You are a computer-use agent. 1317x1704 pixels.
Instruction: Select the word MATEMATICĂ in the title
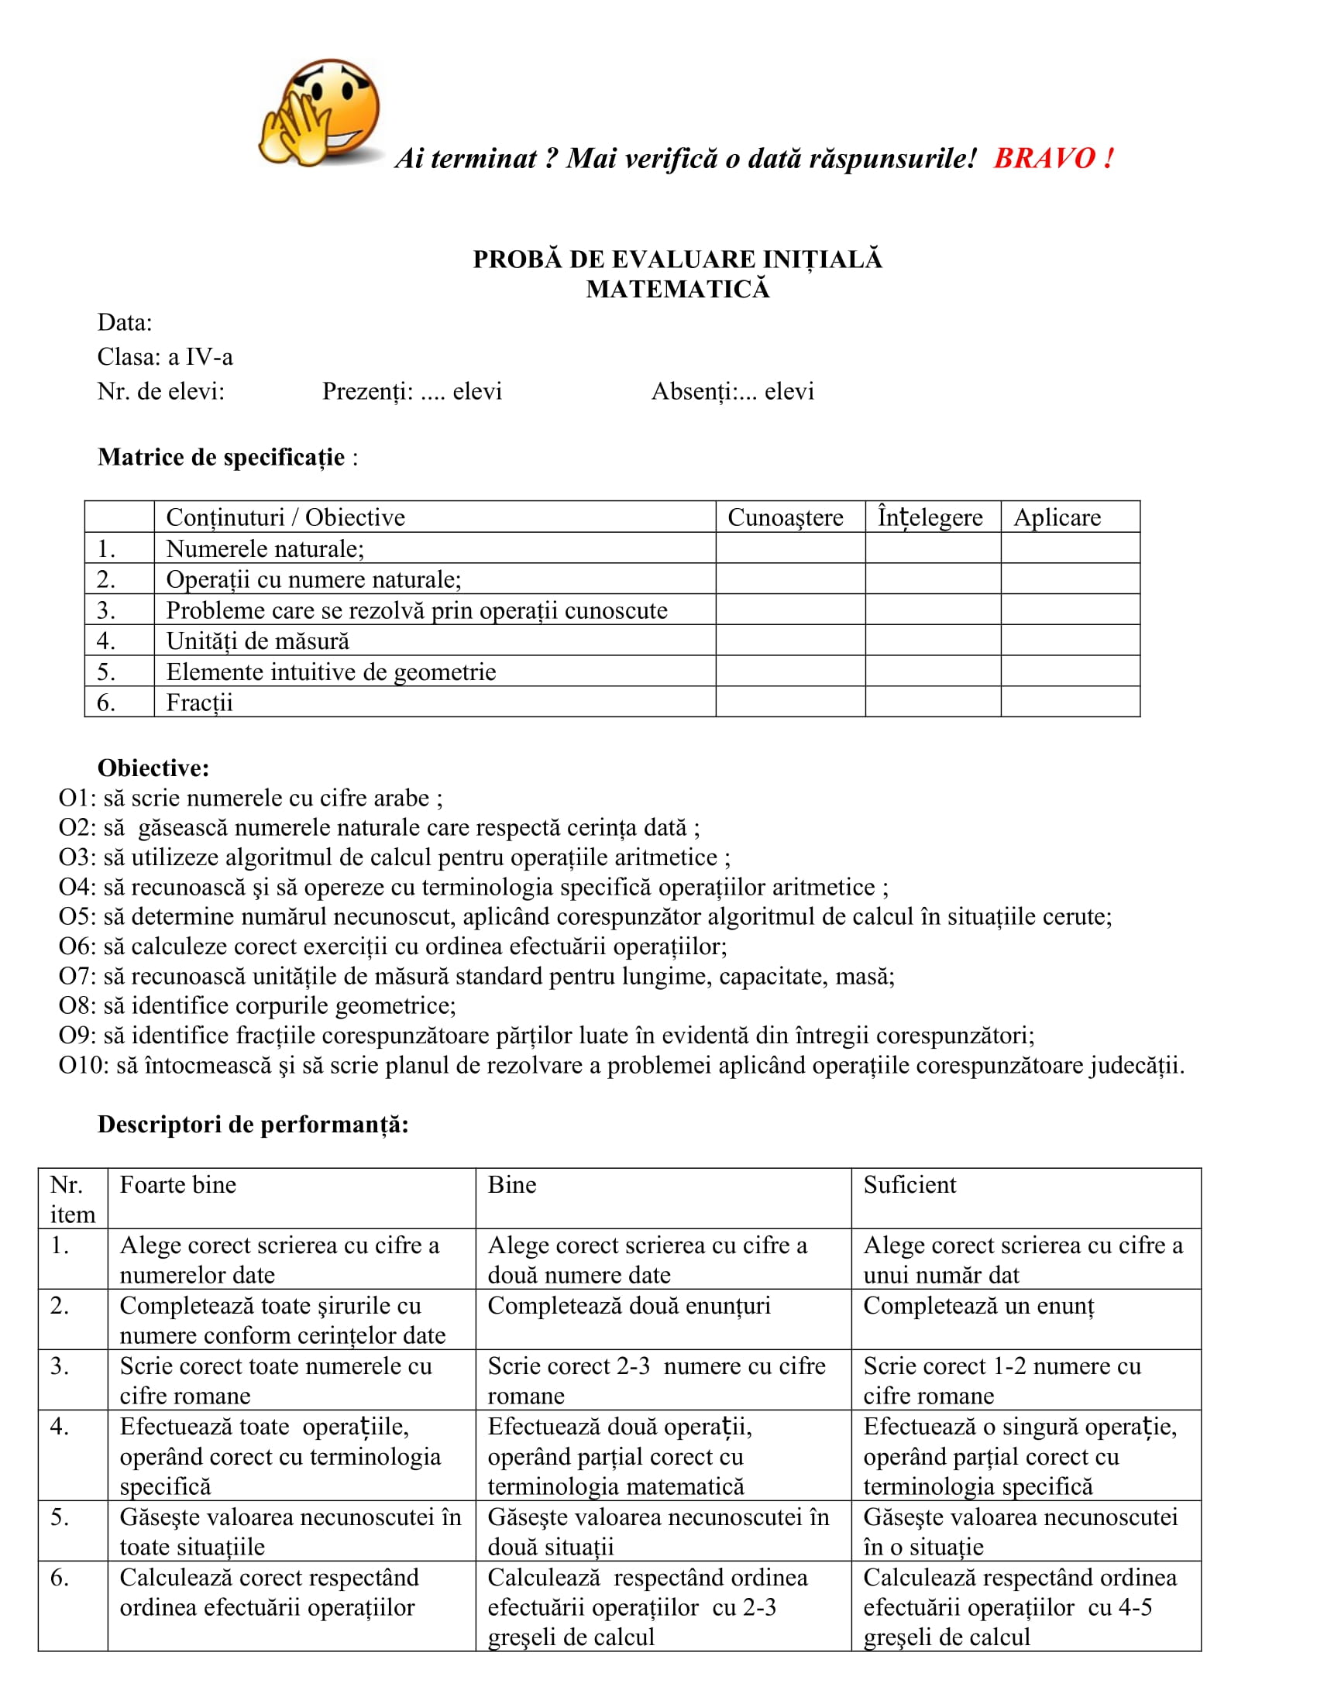pyautogui.click(x=677, y=290)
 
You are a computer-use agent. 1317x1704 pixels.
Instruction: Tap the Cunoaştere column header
pyautogui.click(x=785, y=517)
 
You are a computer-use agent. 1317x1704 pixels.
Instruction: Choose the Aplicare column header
pyautogui.click(x=1057, y=517)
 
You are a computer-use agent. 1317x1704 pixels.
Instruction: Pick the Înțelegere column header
pyautogui.click(x=930, y=517)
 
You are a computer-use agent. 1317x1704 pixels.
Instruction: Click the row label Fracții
pyautogui.click(x=200, y=703)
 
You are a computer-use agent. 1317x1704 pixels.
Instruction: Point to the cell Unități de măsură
pyautogui.click(x=257, y=641)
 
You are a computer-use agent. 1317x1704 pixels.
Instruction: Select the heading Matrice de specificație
pyautogui.click(x=221, y=457)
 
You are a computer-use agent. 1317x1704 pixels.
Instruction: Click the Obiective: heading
pyautogui.click(x=153, y=768)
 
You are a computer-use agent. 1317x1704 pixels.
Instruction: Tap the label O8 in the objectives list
pyautogui.click(x=77, y=1005)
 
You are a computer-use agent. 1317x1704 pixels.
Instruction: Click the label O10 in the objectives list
pyautogui.click(x=83, y=1065)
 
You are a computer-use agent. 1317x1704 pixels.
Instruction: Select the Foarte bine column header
pyautogui.click(x=178, y=1184)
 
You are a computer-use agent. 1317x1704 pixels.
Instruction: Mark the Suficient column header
pyautogui.click(x=909, y=1184)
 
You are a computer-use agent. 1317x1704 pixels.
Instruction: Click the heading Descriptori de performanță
pyautogui.click(x=253, y=1125)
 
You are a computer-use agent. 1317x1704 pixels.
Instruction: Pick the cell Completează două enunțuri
pyautogui.click(x=629, y=1305)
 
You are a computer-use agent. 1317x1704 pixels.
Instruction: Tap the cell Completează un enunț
pyautogui.click(x=978, y=1305)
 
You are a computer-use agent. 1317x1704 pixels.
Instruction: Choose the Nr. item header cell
pyautogui.click(x=73, y=1199)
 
